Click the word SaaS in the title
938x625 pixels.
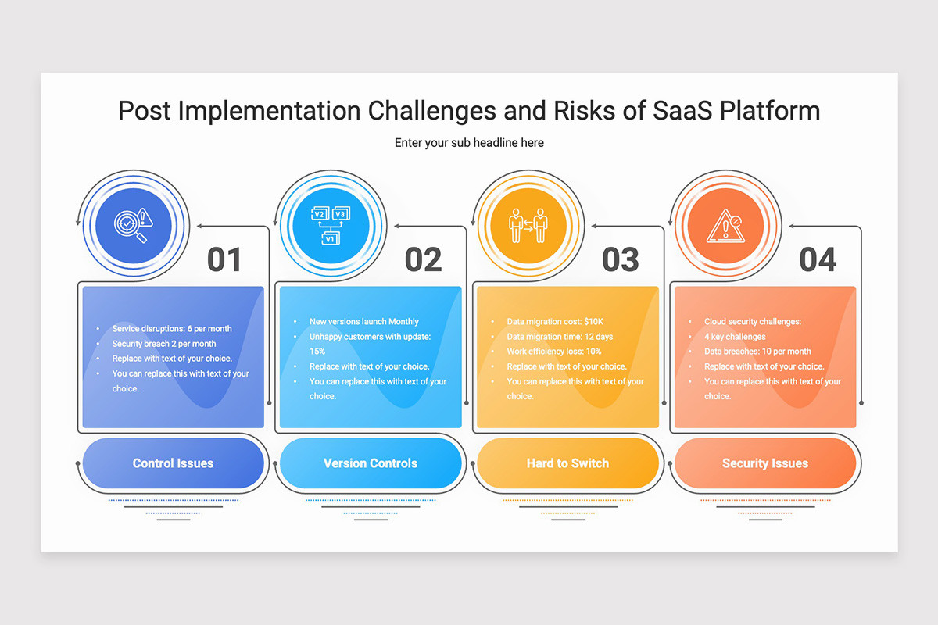click(682, 111)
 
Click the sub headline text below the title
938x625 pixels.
click(469, 143)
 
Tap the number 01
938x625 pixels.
click(224, 259)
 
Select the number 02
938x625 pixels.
click(424, 259)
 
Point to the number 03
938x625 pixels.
click(621, 259)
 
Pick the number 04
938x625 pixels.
click(818, 259)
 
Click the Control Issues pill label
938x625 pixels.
click(173, 463)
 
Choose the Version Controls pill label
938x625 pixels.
click(371, 463)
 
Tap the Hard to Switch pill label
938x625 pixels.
click(567, 463)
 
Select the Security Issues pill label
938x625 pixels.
click(765, 463)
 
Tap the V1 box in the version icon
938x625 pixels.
click(331, 239)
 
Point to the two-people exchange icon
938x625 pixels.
click(528, 226)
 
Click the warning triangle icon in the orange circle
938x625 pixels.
click(725, 226)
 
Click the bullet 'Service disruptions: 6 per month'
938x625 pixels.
click(172, 329)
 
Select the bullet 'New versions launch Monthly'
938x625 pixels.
click(364, 322)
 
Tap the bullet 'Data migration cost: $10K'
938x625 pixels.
click(555, 322)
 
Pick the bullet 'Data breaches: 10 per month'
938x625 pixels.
click(757, 352)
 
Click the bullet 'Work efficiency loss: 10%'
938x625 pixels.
click(554, 352)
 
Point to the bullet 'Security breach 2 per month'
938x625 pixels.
click(163, 344)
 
